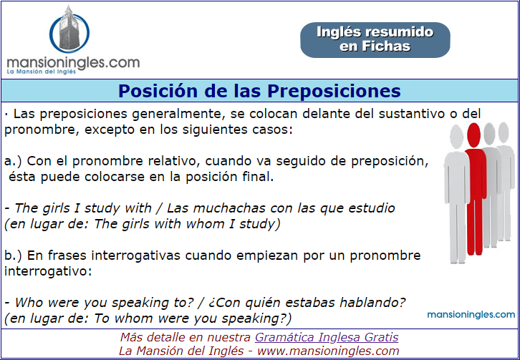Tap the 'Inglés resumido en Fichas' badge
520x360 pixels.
[x=375, y=40]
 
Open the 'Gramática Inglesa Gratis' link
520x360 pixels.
[x=327, y=338]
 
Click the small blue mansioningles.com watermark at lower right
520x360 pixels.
[x=471, y=314]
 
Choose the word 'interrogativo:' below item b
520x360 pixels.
[x=48, y=271]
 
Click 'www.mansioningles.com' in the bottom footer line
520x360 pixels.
[x=328, y=351]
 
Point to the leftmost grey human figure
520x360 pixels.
[x=456, y=194]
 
